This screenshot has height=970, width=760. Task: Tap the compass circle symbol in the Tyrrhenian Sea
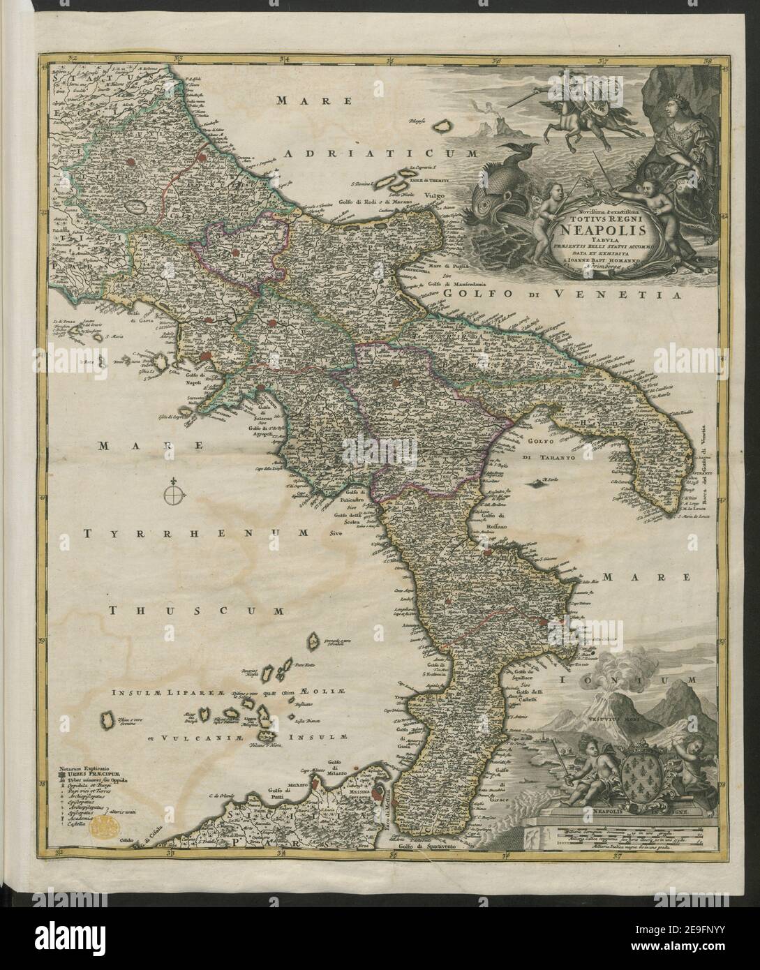click(174, 496)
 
